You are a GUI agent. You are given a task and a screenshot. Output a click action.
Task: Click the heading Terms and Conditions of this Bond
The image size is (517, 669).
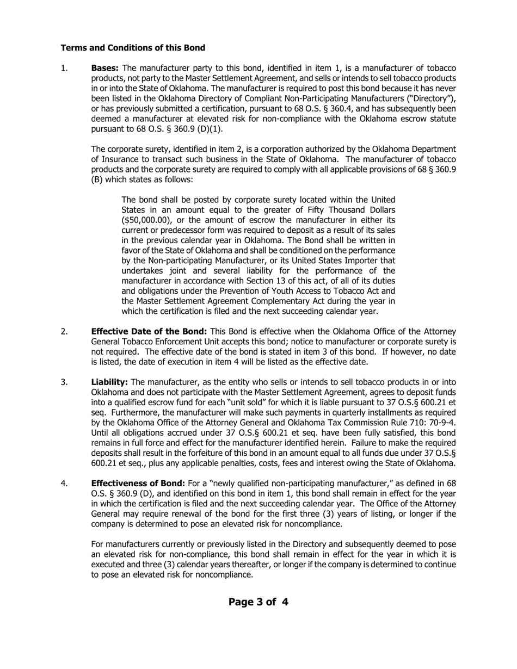click(133, 48)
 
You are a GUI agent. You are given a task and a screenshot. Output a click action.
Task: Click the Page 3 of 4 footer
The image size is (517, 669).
click(258, 602)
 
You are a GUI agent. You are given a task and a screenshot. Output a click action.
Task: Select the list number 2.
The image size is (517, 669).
click(64, 331)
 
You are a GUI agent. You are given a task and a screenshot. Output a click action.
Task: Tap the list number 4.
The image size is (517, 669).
click(64, 484)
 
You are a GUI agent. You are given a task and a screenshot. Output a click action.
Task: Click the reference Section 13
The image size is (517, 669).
click(271, 281)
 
